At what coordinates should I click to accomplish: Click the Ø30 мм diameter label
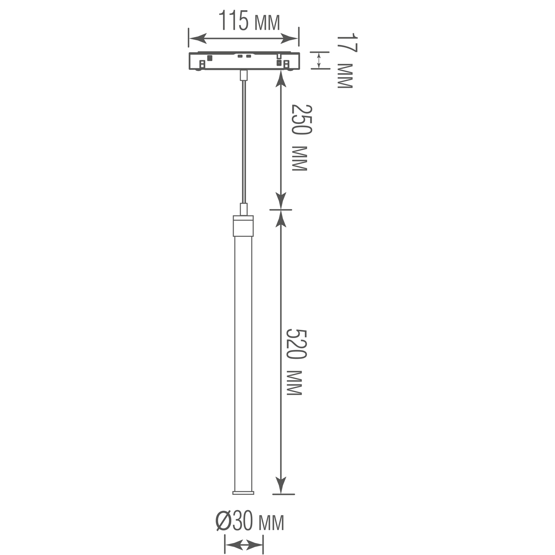pos(249,523)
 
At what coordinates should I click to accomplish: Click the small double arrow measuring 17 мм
pos(318,60)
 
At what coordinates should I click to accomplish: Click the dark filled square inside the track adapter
pos(210,58)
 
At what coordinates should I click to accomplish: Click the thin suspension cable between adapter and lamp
pos(243,139)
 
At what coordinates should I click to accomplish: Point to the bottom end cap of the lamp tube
pos(243,493)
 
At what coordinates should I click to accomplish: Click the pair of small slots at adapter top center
pos(244,56)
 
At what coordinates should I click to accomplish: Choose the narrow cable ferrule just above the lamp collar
pos(243,209)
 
